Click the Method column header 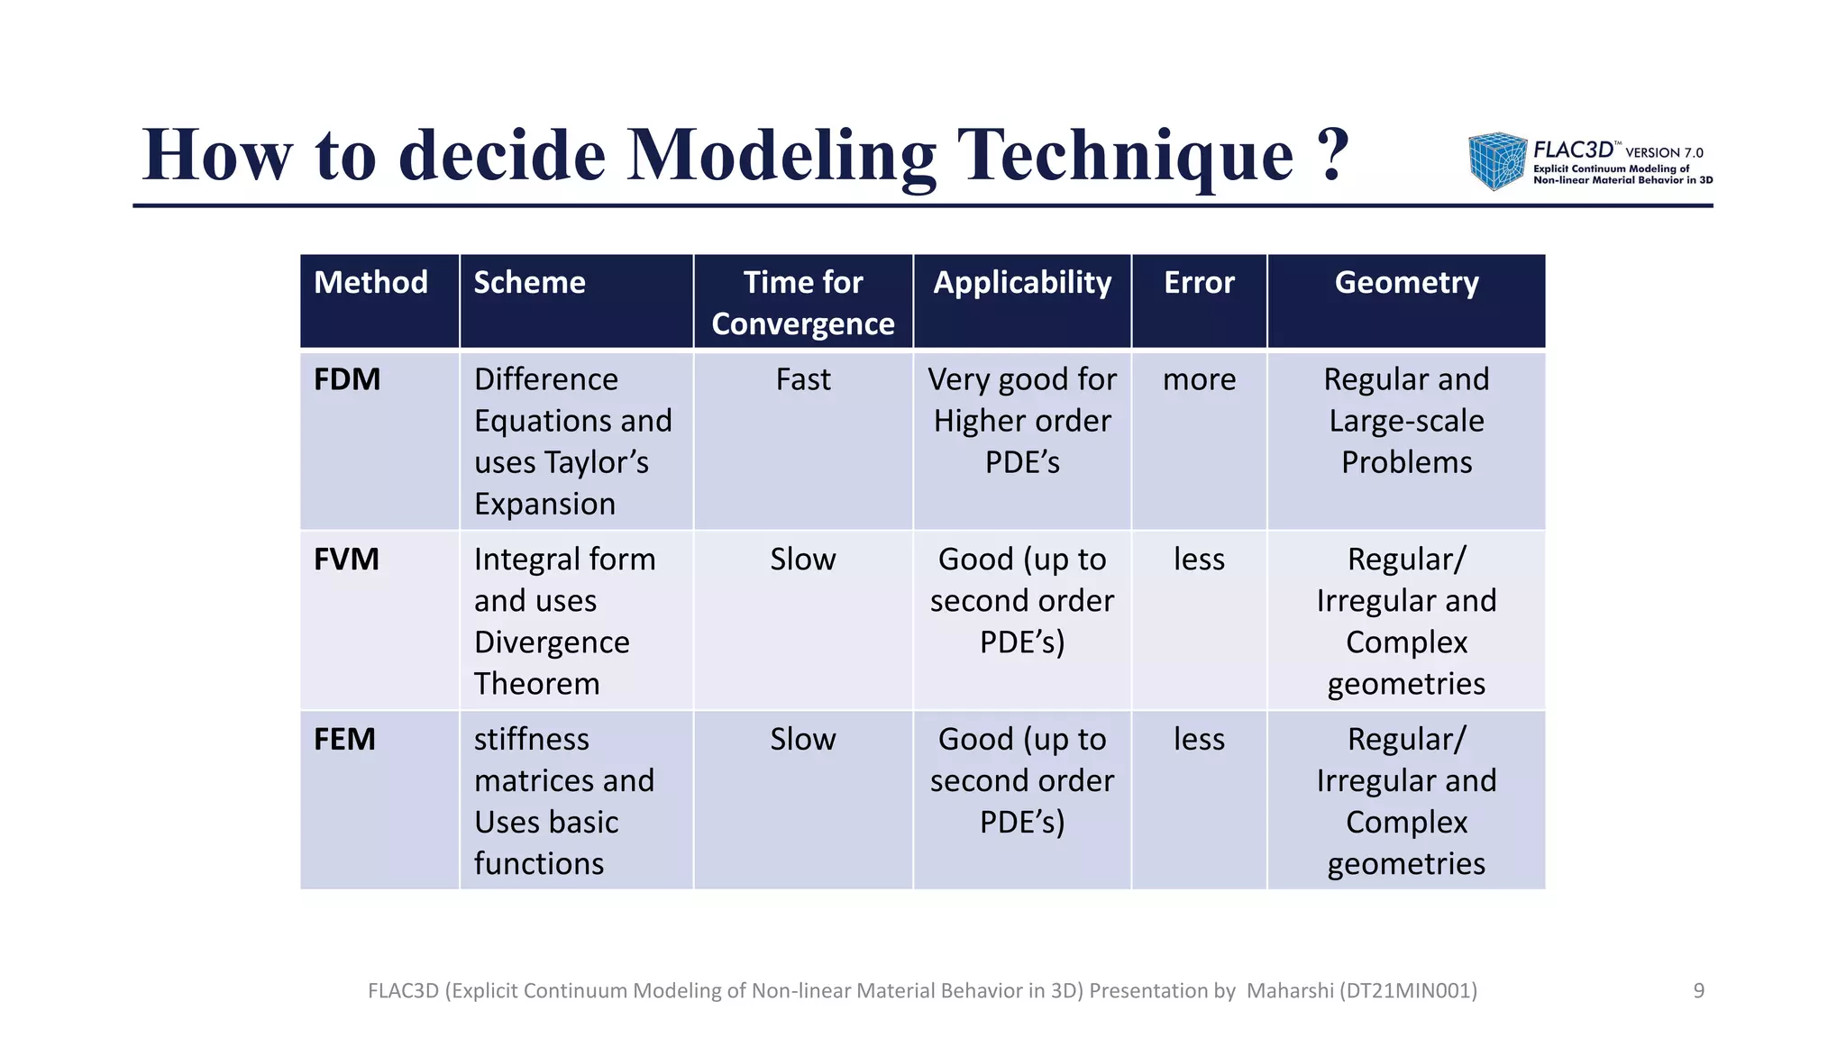pos(370,283)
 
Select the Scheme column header pos(529,283)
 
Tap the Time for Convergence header pos(802,303)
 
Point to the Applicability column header pos(1021,283)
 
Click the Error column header pos(1198,283)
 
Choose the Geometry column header pos(1405,283)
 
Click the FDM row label pos(347,379)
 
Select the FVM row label pos(346,560)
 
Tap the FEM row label pos(344,739)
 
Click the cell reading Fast pos(802,379)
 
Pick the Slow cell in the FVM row pos(802,560)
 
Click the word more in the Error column pos(1198,379)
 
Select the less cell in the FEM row pos(1198,739)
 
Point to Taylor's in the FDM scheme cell pos(599,462)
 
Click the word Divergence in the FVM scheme pos(552,642)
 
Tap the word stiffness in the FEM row pos(531,739)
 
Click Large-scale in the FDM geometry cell pos(1405,421)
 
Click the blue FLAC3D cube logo pos(1496,161)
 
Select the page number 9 pos(1698,991)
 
